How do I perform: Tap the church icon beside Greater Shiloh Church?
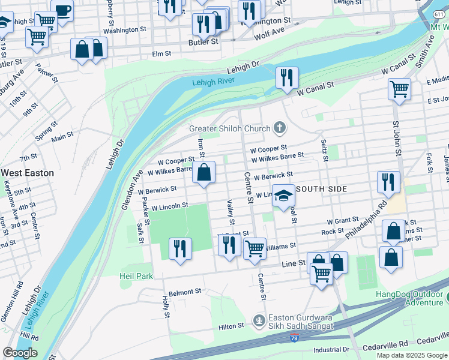(x=279, y=127)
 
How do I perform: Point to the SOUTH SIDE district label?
(x=322, y=189)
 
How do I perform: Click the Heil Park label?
(x=136, y=276)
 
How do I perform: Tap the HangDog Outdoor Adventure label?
(x=411, y=298)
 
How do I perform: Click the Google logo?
(x=20, y=353)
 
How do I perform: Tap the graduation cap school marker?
(x=283, y=196)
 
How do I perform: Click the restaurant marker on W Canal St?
(x=287, y=77)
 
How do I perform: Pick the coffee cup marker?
(x=62, y=10)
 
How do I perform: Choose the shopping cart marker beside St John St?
(x=399, y=89)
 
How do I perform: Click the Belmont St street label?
(x=184, y=292)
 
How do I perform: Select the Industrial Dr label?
(x=331, y=349)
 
